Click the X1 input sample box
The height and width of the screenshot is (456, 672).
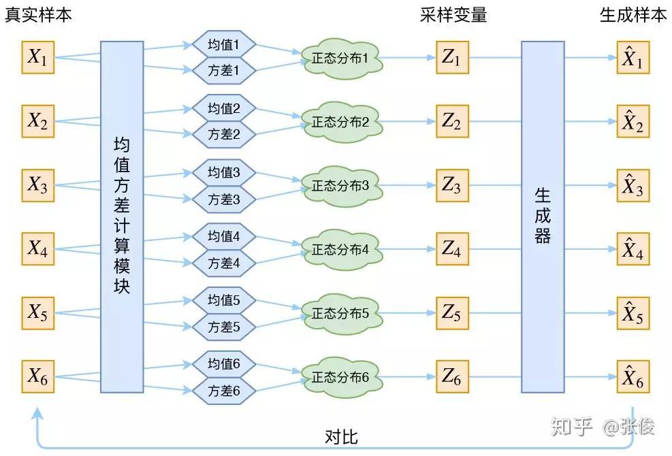37,58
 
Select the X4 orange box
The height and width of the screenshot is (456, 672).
37,249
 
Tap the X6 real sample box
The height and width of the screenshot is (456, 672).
37,376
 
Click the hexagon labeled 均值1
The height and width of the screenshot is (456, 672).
223,45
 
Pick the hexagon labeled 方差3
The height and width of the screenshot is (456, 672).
223,199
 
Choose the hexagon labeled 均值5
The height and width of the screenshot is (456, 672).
223,300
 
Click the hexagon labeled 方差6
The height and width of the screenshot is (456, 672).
223,391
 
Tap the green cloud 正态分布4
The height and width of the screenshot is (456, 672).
340,249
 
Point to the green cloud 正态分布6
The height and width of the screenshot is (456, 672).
340,376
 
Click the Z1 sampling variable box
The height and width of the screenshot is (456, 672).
451,58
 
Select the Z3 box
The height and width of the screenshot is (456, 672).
451,184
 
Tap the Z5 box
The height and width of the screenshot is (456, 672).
451,313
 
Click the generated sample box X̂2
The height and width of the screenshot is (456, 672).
633,122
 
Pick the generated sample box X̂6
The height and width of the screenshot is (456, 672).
633,376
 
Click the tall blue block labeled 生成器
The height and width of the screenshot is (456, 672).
543,216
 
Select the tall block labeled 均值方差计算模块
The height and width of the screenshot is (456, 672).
122,216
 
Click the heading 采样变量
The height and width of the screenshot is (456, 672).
453,15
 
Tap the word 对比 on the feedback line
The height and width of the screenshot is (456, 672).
341,436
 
